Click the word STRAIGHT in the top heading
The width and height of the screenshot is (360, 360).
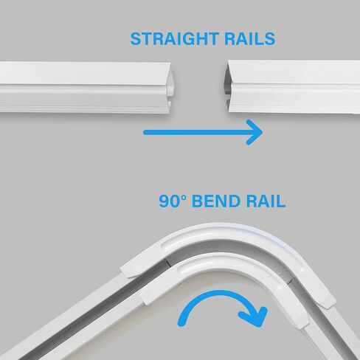coord(174,39)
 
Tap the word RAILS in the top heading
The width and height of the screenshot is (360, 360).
coord(250,39)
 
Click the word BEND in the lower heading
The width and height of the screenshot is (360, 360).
coord(216,201)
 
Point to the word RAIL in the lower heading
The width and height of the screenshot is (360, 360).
coord(266,201)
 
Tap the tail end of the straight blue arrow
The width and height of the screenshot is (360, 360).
coord(145,133)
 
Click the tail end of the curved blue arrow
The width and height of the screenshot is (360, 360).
coord(181,324)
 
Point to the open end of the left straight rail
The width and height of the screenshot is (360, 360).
coord(172,89)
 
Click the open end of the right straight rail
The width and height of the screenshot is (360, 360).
coord(227,88)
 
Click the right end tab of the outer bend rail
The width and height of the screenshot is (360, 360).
coord(325,298)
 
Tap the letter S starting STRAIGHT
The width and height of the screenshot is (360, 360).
coord(136,39)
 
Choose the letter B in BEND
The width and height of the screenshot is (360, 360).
coord(197,201)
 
